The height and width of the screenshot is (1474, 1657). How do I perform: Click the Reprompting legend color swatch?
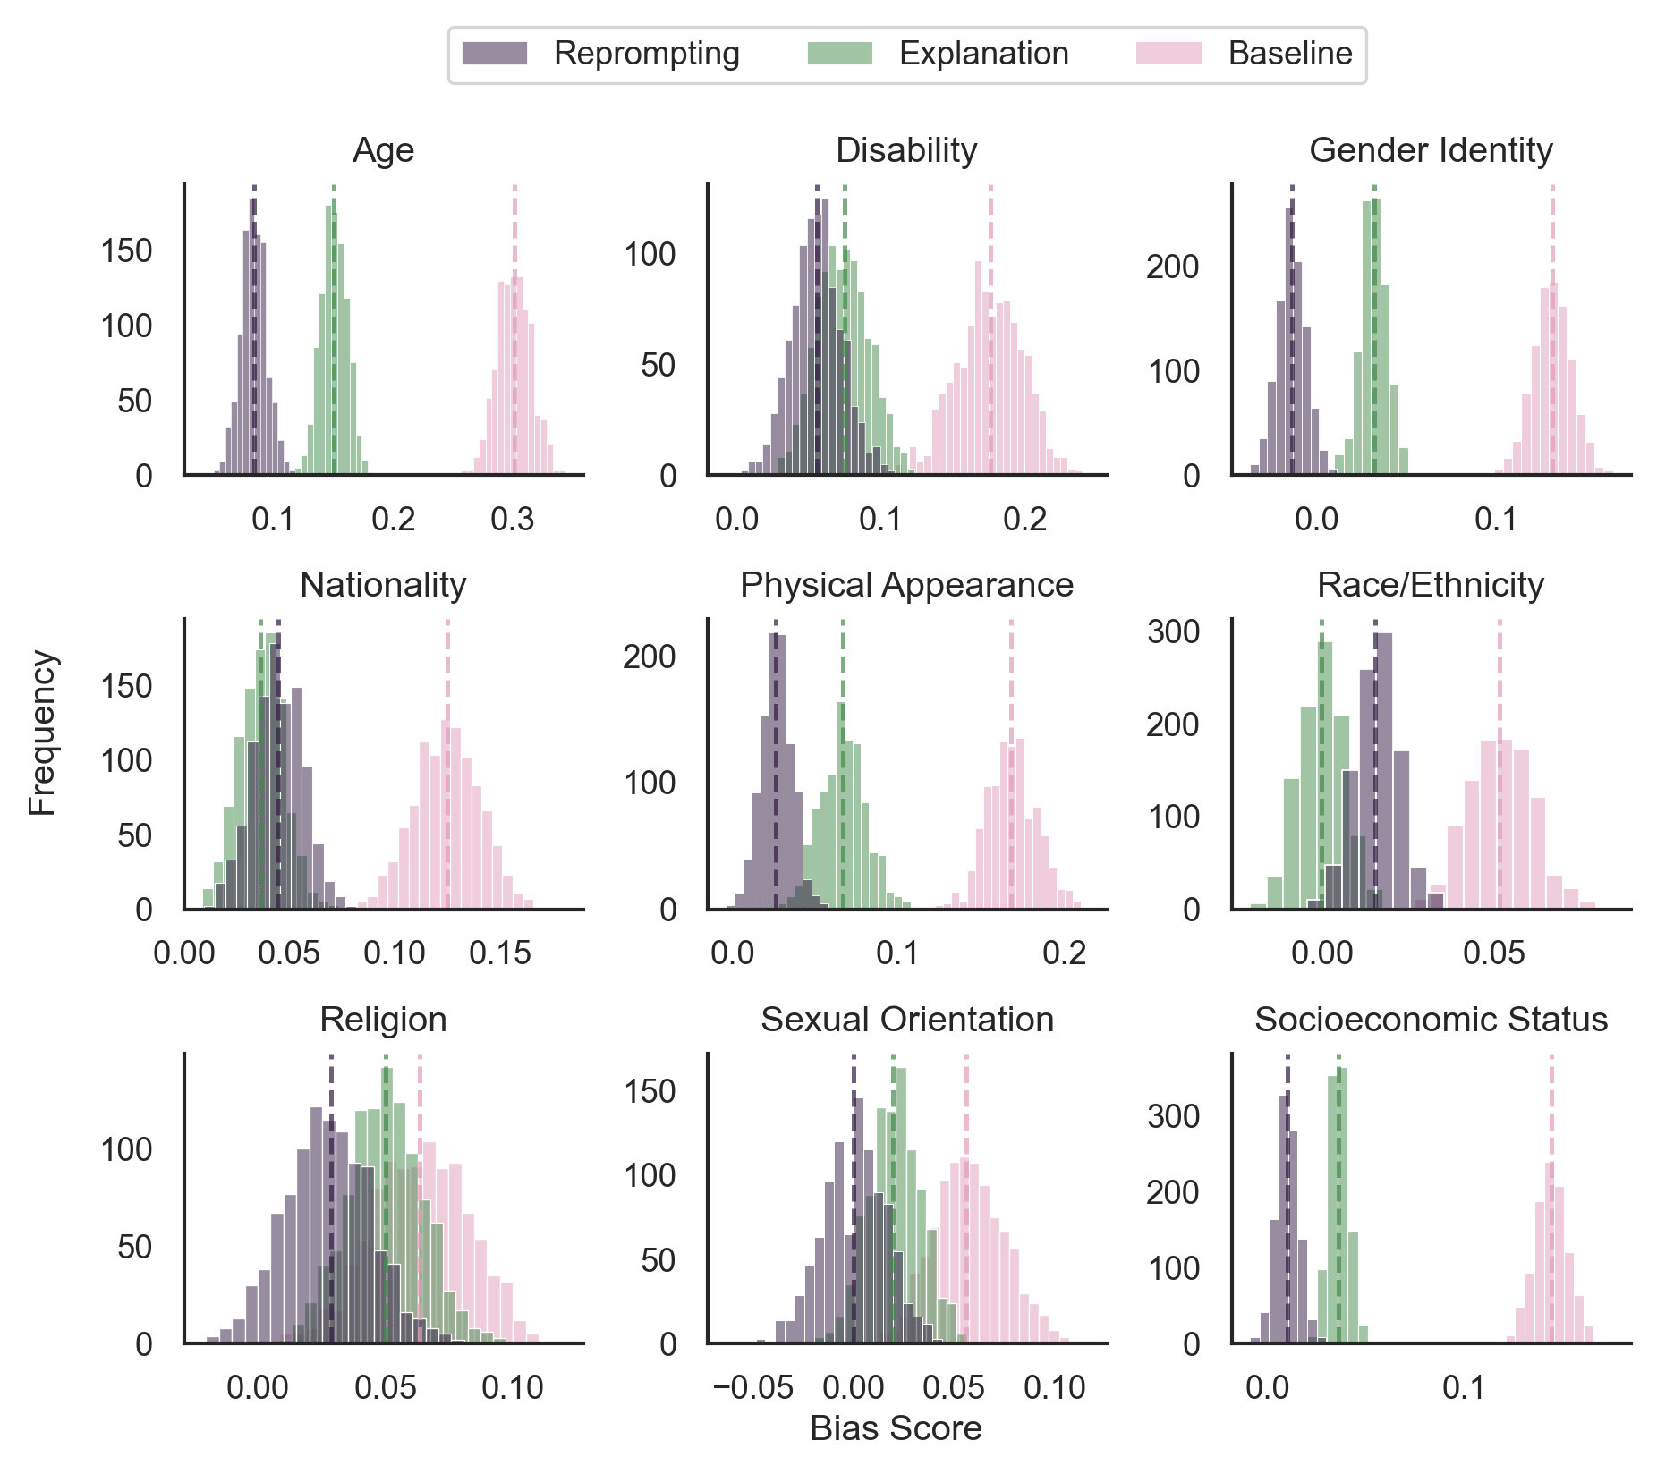494,54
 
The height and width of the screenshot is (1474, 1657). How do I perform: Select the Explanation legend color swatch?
839,54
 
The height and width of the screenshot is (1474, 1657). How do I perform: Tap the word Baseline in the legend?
1289,54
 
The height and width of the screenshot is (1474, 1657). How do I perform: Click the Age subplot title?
383,150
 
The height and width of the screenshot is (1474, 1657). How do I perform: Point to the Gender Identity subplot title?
1430,150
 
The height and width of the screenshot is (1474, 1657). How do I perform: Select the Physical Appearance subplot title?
905,585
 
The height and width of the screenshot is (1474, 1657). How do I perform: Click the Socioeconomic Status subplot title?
1430,1020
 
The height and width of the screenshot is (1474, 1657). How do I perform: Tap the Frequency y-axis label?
42,733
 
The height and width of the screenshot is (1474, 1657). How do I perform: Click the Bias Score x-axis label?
896,1428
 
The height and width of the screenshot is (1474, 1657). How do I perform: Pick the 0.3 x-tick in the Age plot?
512,519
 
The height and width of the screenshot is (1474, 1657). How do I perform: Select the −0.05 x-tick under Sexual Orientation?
752,1388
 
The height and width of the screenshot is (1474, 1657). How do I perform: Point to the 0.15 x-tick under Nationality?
499,953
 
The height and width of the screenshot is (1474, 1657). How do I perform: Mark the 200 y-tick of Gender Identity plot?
1173,267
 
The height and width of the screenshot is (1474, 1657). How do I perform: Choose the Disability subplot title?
905,150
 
